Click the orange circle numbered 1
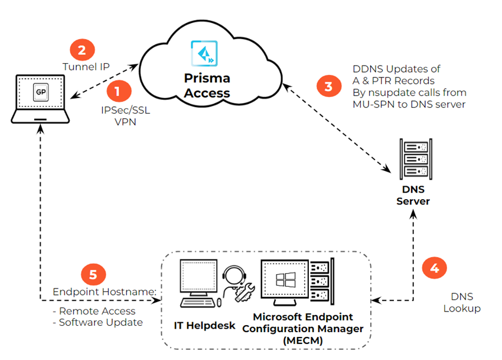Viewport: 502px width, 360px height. click(x=118, y=92)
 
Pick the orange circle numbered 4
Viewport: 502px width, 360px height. click(x=434, y=268)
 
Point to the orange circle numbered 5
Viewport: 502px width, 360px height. click(x=93, y=275)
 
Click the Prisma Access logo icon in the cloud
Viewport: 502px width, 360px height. click(x=202, y=53)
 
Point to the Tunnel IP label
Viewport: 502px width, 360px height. click(x=86, y=67)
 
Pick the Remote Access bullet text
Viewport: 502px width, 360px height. click(x=97, y=311)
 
